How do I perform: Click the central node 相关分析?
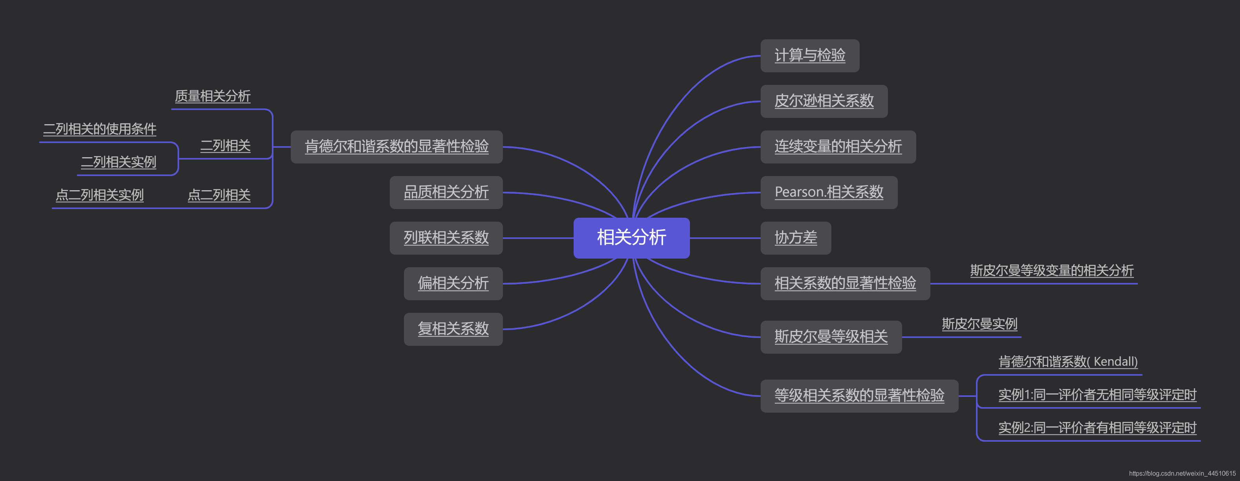(631, 238)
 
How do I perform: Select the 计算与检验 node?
(810, 56)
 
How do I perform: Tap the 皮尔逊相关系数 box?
(824, 101)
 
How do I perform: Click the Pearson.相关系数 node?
(828, 193)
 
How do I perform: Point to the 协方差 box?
(795, 238)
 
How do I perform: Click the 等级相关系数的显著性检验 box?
(859, 396)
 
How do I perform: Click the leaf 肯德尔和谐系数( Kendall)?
(1068, 362)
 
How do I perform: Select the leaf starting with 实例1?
(1097, 395)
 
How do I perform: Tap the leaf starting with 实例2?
(1097, 428)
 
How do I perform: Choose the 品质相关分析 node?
(446, 193)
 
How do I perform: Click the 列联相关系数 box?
(446, 238)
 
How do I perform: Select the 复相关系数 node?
(453, 329)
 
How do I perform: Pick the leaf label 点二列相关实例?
(100, 195)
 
